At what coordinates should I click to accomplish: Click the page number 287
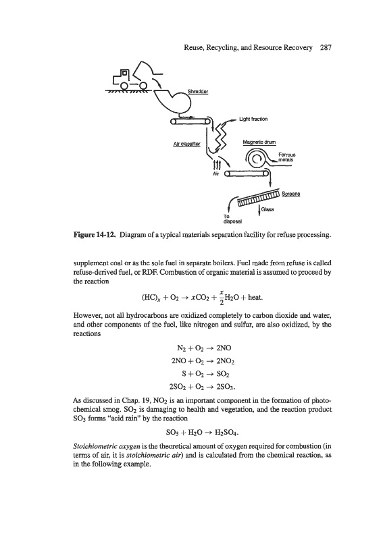pyautogui.click(x=326, y=47)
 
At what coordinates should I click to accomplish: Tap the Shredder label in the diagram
pyautogui.click(x=198, y=92)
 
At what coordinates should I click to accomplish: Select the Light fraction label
pyautogui.click(x=253, y=119)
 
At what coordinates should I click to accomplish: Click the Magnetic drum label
pyautogui.click(x=259, y=142)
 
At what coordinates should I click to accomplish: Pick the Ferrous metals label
pyautogui.click(x=287, y=157)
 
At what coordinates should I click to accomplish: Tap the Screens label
pyautogui.click(x=291, y=194)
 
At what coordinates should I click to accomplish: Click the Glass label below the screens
pyautogui.click(x=267, y=209)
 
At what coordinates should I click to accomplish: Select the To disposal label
pyautogui.click(x=232, y=219)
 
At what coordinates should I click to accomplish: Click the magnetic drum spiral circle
pyautogui.click(x=256, y=159)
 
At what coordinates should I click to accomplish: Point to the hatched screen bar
pyautogui.click(x=259, y=197)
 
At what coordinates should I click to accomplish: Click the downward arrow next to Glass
pyautogui.click(x=259, y=209)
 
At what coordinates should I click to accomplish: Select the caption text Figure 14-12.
pyautogui.click(x=95, y=235)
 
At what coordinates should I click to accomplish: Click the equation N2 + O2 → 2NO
pyautogui.click(x=202, y=348)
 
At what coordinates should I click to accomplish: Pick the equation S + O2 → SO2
pyautogui.click(x=205, y=374)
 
